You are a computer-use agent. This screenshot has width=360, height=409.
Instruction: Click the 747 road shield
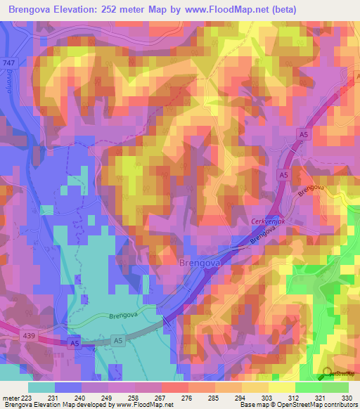click(x=10, y=62)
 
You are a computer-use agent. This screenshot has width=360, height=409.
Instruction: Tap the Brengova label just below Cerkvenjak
click(x=262, y=239)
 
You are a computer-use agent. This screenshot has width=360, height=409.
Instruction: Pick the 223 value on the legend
click(x=24, y=398)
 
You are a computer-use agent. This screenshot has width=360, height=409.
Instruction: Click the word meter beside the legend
click(x=8, y=398)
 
